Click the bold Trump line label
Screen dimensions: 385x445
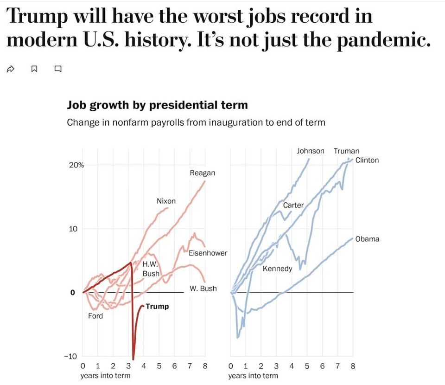click(157, 306)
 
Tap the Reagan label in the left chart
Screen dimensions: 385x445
click(203, 173)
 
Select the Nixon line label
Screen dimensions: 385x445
click(166, 201)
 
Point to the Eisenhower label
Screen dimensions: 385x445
click(208, 253)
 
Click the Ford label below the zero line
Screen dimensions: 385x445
click(95, 316)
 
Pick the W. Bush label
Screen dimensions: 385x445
click(203, 289)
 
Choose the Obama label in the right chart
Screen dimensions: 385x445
click(367, 239)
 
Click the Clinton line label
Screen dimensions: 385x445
click(367, 160)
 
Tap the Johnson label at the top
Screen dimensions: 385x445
click(311, 151)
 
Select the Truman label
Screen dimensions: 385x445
click(346, 151)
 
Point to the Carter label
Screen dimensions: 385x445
click(293, 205)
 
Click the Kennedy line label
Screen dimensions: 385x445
click(277, 269)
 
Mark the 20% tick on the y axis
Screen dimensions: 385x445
click(76, 165)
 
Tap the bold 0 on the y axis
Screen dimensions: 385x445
click(73, 293)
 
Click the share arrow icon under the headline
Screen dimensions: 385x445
click(10, 70)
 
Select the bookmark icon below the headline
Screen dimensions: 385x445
click(34, 70)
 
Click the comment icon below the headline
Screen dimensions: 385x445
click(58, 70)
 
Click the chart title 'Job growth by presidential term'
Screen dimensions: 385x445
click(157, 105)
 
